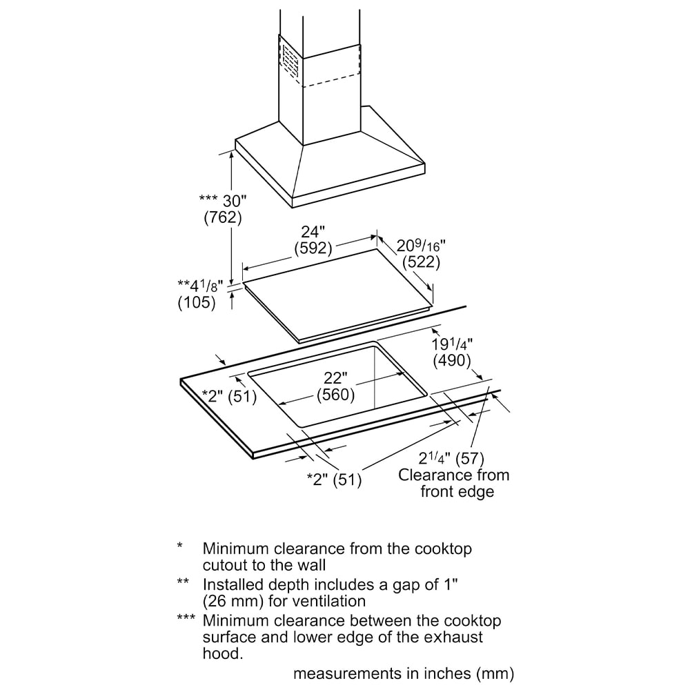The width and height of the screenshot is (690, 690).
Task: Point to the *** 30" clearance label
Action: tap(222, 201)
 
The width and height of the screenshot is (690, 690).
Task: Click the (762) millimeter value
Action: tap(222, 217)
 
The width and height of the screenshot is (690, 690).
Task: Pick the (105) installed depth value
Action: tap(197, 302)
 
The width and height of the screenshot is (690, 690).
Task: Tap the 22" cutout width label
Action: tap(335, 379)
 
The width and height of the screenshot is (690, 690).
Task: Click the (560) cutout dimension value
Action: tap(335, 395)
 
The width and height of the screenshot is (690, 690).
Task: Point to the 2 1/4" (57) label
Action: tap(452, 458)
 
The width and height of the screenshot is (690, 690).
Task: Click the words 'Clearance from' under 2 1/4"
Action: tap(454, 475)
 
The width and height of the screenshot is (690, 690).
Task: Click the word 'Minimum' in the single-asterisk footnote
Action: tap(233, 549)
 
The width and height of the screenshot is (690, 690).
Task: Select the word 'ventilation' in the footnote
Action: tap(324, 601)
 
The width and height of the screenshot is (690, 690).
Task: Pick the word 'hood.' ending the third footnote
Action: tap(223, 653)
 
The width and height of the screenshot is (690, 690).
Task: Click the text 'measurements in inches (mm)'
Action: tap(404, 673)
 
